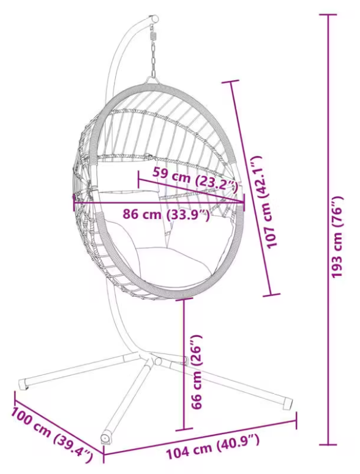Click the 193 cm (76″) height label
tap(337, 237)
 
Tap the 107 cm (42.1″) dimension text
tap(265, 202)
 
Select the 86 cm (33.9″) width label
tap(166, 215)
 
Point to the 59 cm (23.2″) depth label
tap(195, 179)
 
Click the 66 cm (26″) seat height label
tap(197, 372)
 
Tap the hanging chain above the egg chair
tap(154, 59)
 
